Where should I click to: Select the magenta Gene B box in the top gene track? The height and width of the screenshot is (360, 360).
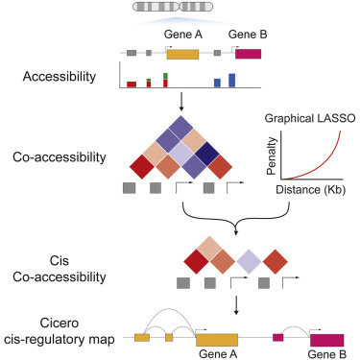248,56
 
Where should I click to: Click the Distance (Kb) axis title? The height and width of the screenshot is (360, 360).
309,190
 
